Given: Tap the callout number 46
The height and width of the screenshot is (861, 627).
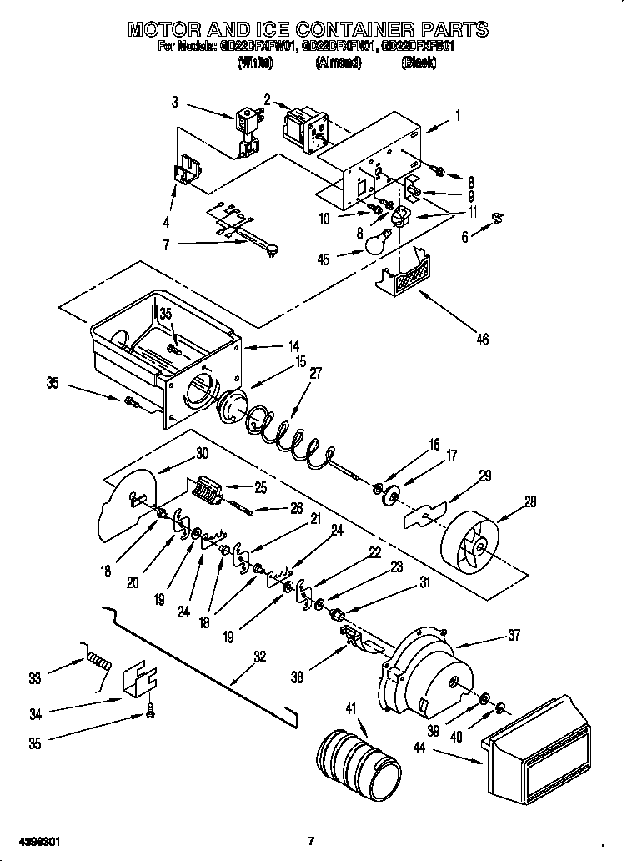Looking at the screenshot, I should point(481,339).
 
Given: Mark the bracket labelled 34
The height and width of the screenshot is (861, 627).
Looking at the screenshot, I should point(139,681).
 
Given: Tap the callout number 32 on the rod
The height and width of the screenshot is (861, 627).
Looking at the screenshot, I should point(260,657).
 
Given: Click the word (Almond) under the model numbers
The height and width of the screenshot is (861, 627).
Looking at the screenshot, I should point(338,63).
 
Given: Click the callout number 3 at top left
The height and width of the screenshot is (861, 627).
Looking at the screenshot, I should point(175,103).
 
